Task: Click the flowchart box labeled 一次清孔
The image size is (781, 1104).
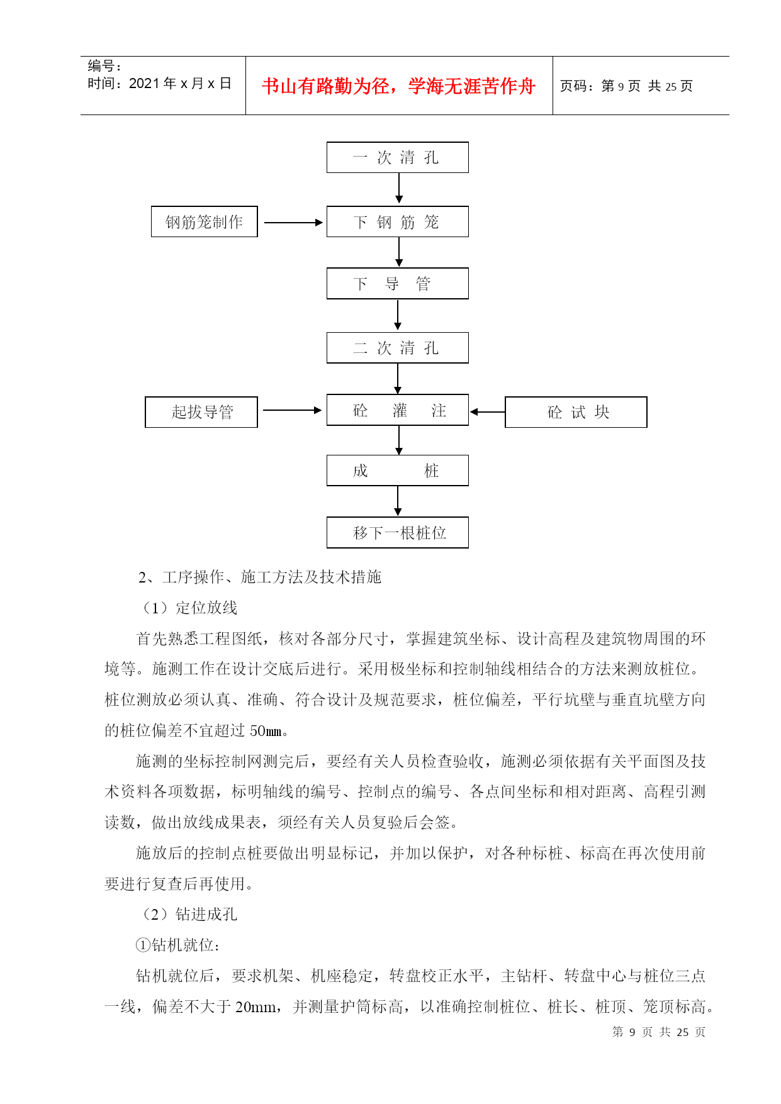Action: point(397,157)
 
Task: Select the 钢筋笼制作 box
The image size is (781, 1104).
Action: point(205,221)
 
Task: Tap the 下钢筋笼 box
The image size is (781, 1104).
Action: point(397,221)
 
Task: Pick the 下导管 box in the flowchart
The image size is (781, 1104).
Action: point(397,284)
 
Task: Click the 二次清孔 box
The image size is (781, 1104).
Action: point(397,348)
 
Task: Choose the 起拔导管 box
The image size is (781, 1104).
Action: point(201,412)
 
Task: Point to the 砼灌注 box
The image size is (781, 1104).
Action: point(397,410)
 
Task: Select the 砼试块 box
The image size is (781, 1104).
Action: point(576,412)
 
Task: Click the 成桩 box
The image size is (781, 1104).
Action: point(397,471)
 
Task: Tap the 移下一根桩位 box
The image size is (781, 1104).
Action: point(397,533)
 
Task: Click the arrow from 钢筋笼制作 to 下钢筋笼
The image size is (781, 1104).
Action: point(293,223)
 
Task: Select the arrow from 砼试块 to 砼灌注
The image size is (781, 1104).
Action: point(488,412)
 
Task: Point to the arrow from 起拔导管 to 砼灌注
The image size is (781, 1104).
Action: point(293,410)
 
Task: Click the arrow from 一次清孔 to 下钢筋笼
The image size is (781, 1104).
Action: point(399,188)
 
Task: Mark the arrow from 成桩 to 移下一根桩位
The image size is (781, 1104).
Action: point(398,501)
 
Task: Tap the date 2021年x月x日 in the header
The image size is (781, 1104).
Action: point(181,83)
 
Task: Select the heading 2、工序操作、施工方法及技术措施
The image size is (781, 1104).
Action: point(260,577)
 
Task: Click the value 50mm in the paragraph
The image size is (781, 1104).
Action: point(266,731)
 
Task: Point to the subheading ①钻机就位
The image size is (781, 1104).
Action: point(177,945)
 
